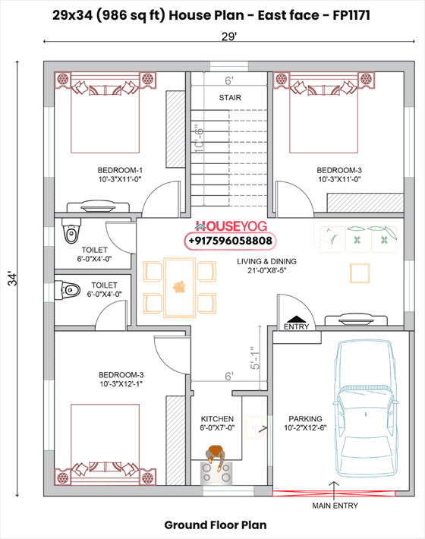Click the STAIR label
(230, 98)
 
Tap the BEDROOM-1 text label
(120, 170)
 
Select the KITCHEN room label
(217, 419)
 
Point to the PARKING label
(305, 419)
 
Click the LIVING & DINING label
(266, 261)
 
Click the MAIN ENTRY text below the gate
(335, 506)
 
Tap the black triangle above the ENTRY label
(296, 319)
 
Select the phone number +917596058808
(230, 241)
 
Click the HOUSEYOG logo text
(231, 226)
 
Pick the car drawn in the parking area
(365, 408)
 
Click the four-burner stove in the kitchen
(216, 472)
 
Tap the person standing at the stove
(216, 455)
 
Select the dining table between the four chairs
(179, 288)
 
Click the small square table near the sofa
(360, 273)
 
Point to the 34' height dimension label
(13, 279)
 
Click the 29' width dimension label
(229, 36)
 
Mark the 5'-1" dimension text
(255, 358)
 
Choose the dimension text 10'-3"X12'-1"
(121, 383)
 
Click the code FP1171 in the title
(351, 15)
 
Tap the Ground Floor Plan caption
(216, 525)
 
